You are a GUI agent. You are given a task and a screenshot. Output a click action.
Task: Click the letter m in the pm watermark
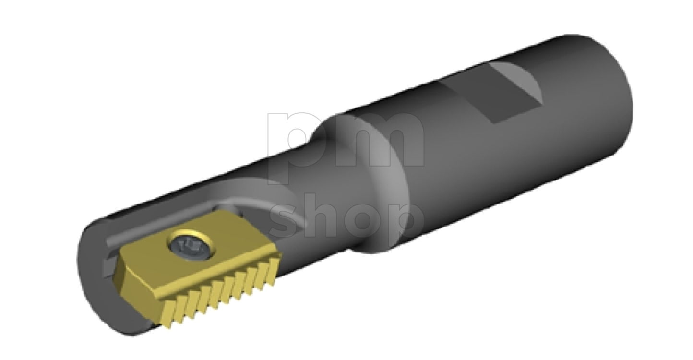click(379, 139)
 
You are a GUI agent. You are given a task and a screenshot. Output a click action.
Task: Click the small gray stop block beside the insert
click(108, 268)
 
